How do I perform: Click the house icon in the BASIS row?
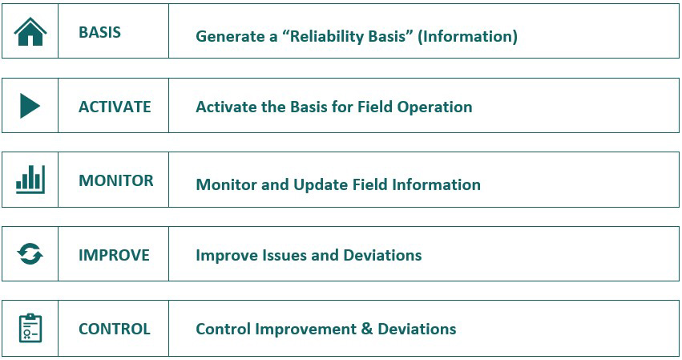(x=30, y=31)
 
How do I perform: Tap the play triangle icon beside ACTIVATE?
(x=30, y=106)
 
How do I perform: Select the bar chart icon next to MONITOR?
(x=30, y=180)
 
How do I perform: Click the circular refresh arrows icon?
(x=30, y=254)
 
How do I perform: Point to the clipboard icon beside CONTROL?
(x=30, y=328)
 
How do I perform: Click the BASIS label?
(x=99, y=32)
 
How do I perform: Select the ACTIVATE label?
(x=115, y=107)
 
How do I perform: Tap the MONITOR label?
(x=116, y=180)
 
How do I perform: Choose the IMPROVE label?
(x=114, y=255)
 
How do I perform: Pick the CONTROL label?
(x=115, y=329)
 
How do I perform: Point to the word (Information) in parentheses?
(x=467, y=36)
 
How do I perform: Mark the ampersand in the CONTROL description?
(x=367, y=329)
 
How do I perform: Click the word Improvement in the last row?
(x=306, y=330)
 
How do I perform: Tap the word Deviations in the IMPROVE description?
(x=382, y=255)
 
